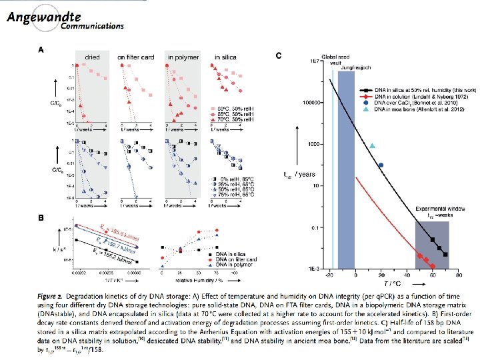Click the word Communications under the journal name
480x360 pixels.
click(91, 26)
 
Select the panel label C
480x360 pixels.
click(278, 55)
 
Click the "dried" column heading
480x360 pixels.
click(93, 57)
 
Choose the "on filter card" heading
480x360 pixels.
click(136, 57)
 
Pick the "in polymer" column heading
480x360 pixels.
click(179, 57)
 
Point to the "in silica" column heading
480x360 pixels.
click(226, 57)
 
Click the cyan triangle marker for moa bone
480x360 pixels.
click(372, 146)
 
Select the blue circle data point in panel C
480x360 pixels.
click(381, 165)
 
